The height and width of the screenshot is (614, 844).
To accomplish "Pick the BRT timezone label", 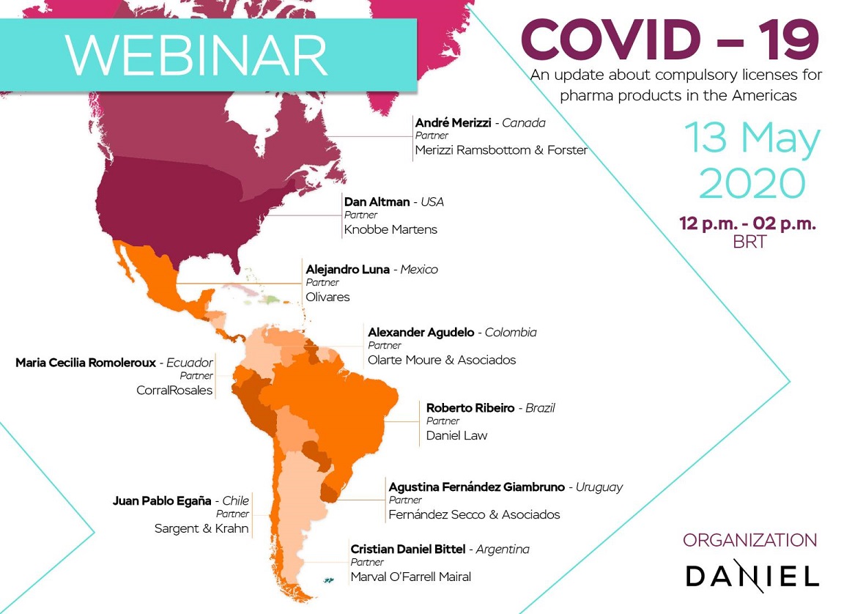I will pos(749,242).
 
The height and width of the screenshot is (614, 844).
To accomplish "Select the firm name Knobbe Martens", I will pos(390,229).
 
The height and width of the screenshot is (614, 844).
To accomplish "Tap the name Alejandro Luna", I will pos(347,270).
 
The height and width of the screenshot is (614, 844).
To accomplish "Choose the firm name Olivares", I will pos(327,297).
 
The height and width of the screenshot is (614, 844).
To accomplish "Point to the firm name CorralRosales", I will pos(174,390).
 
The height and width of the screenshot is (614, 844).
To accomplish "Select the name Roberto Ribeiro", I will pos(470,408).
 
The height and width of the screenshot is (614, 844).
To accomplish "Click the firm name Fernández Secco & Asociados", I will pos(474,514).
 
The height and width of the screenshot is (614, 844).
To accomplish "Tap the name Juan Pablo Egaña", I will pos(163,501).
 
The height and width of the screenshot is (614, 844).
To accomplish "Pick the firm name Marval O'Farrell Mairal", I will pos(410,577).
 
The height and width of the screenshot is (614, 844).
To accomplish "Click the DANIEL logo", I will pos(752,576).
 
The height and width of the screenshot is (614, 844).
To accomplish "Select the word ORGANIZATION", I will pos(749,541).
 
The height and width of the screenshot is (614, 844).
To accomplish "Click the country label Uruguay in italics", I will pos(599,487).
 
